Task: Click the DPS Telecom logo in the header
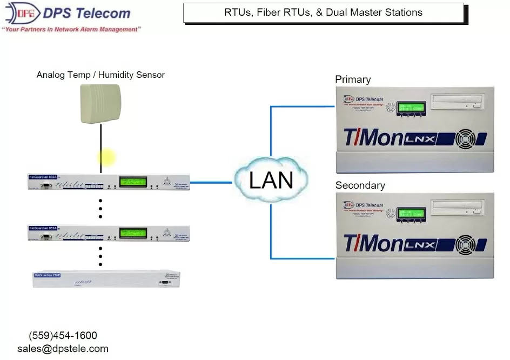pos(68,14)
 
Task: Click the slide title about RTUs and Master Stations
pos(323,12)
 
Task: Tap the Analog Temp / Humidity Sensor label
pos(100,75)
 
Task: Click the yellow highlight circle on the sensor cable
pos(106,158)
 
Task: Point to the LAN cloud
pos(271,179)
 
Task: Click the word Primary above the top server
pos(353,79)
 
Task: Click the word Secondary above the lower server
pos(360,185)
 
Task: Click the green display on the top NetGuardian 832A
pos(133,182)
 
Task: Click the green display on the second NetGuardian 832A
pos(133,234)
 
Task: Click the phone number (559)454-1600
pos(63,336)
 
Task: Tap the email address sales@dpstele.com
pos(63,349)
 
